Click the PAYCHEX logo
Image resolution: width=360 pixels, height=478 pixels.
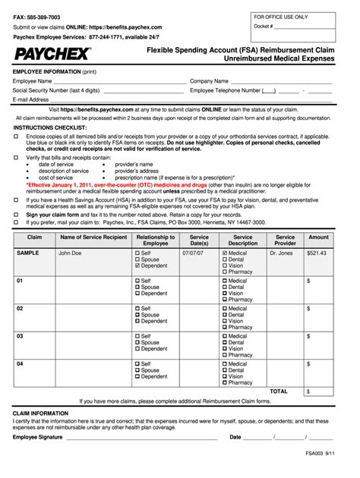[x=51, y=54]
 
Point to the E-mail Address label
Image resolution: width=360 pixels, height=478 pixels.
[x=31, y=99]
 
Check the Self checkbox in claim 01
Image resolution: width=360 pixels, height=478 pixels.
[x=137, y=281]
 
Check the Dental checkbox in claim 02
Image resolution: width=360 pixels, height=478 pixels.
[x=225, y=315]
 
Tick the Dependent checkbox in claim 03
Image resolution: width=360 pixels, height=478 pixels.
[x=137, y=349]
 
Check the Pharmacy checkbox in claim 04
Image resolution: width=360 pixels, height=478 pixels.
[x=225, y=382]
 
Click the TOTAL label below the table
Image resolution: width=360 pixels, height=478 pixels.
[x=279, y=392]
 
